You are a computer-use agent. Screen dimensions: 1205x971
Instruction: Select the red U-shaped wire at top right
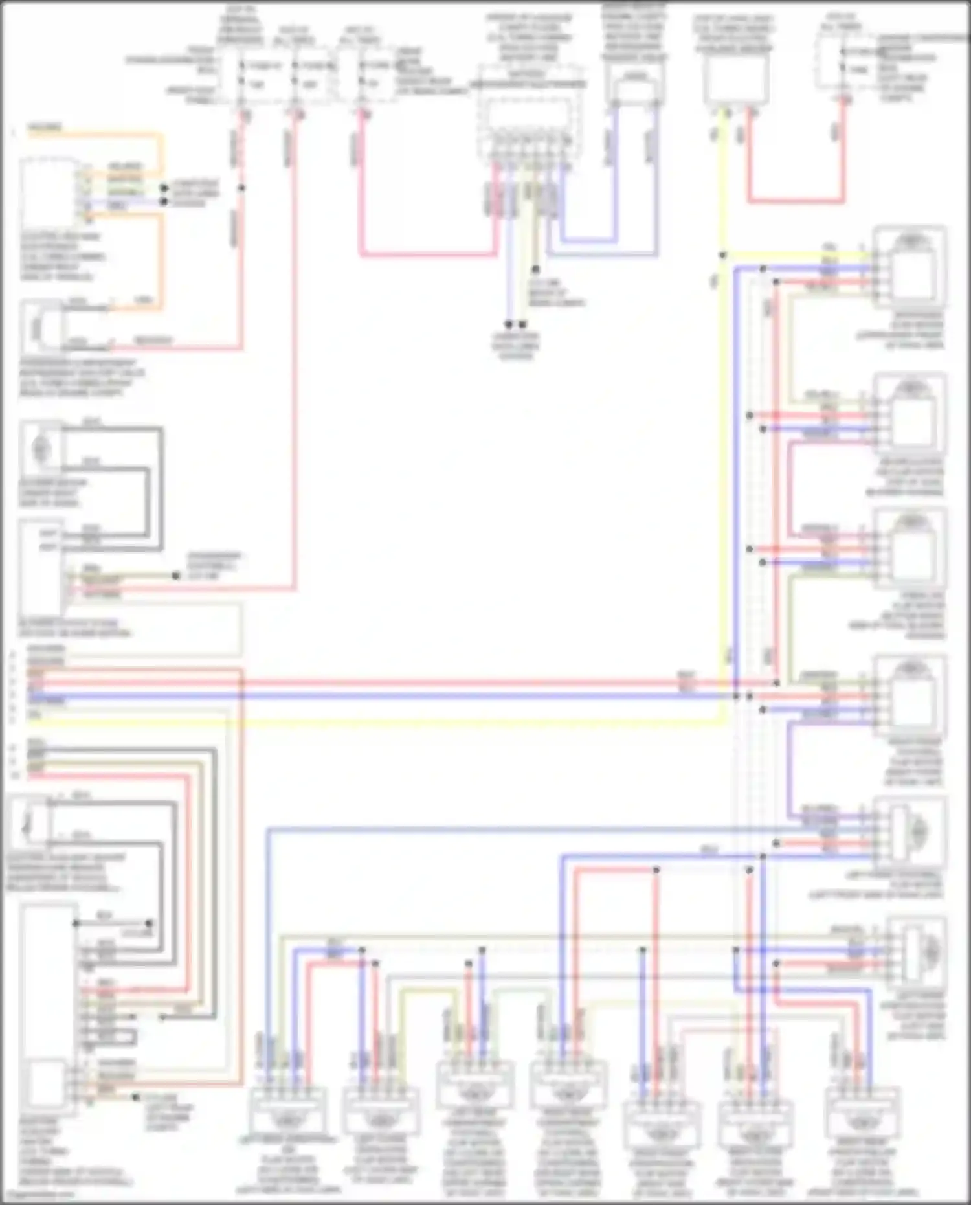click(x=796, y=201)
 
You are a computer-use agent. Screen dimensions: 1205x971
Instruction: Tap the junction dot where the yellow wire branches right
click(x=722, y=255)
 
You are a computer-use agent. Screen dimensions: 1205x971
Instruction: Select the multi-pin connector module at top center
click(x=528, y=123)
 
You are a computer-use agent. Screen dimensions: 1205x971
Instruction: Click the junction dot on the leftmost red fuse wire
click(x=242, y=188)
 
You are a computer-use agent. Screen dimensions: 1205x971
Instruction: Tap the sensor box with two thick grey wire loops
click(x=42, y=447)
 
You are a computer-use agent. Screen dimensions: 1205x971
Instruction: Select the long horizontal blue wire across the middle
click(x=388, y=697)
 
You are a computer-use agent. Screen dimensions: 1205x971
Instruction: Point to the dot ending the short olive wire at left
click(x=176, y=575)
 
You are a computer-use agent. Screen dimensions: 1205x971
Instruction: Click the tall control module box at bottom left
click(x=47, y=1010)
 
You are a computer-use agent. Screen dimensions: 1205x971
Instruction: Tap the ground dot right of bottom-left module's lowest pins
click(x=135, y=1097)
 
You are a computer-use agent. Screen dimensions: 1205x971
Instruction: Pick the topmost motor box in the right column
click(x=910, y=265)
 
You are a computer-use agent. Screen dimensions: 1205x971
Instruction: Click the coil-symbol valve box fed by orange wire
click(x=40, y=328)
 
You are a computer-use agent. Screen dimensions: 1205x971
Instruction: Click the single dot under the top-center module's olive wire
click(x=536, y=269)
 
